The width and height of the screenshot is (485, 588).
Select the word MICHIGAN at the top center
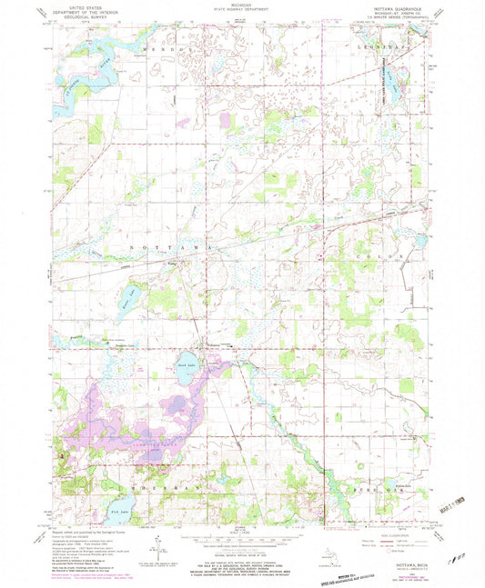(x=241, y=5)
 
